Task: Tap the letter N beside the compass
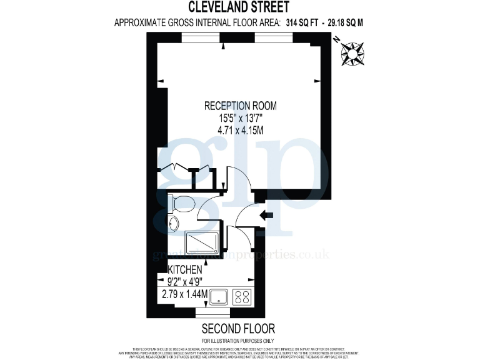[x=337, y=39]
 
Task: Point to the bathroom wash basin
[x=174, y=223]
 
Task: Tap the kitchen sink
[x=219, y=296]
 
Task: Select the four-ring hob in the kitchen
[x=241, y=296]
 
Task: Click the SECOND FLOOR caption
[x=238, y=328]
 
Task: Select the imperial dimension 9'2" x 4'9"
[x=184, y=281]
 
